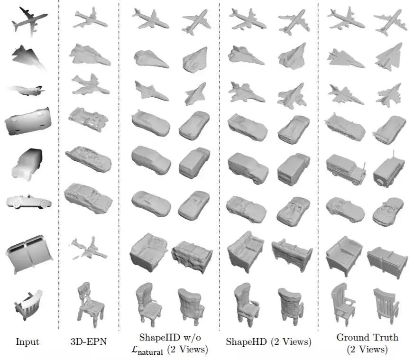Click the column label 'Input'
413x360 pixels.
tap(28, 342)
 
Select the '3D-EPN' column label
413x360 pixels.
tap(89, 342)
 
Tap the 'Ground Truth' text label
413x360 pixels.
tap(367, 337)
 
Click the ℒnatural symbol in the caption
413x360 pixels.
tap(147, 350)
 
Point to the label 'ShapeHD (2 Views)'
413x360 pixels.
tap(269, 342)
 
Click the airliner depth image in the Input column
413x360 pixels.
tap(28, 21)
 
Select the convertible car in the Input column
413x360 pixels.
tap(29, 202)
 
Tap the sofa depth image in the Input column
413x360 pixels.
tap(29, 254)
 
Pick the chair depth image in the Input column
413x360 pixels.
tap(28, 305)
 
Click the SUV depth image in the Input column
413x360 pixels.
tap(27, 165)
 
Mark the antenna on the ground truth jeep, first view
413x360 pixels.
tap(365, 166)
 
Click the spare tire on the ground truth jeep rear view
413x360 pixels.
tap(380, 182)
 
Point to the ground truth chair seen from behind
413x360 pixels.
tap(386, 306)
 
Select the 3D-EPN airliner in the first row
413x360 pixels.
tap(91, 18)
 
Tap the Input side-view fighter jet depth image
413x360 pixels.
tap(25, 90)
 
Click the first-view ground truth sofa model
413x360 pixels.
tap(344, 256)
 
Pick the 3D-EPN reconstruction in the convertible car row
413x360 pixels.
tap(88, 198)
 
